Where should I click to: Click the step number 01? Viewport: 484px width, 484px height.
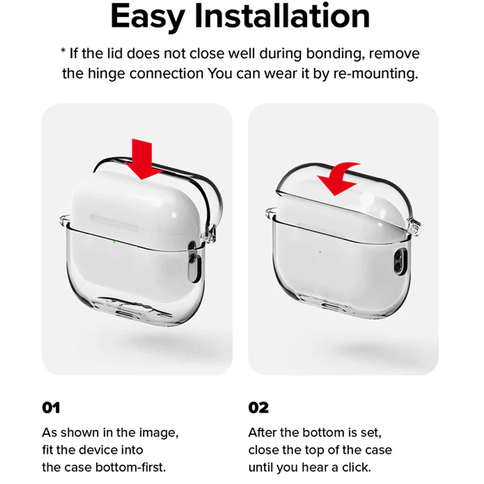tap(51, 408)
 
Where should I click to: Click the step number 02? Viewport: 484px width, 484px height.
tap(258, 408)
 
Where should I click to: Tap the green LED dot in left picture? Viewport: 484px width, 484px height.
tap(114, 242)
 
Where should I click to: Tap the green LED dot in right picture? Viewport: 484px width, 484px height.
tap(320, 251)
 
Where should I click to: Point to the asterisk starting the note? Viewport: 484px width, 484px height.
tap(63, 51)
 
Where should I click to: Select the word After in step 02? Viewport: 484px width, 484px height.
tap(264, 432)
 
